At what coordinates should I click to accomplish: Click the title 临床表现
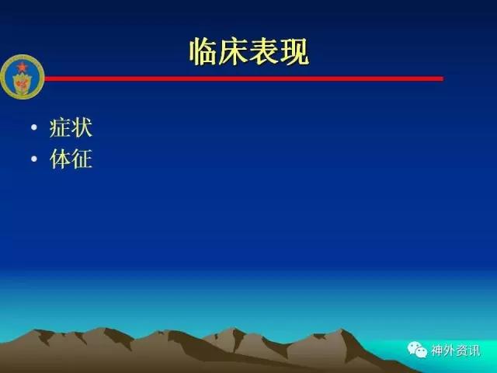(x=249, y=51)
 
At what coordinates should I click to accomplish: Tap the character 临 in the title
(x=203, y=51)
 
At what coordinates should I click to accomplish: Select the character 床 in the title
(x=234, y=51)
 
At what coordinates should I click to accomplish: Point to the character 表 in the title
(x=264, y=51)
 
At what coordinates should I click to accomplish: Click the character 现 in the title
(x=294, y=51)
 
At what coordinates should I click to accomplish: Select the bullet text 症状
(x=71, y=127)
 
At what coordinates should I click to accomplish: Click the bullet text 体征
(x=71, y=159)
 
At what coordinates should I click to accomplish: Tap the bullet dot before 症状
(x=34, y=127)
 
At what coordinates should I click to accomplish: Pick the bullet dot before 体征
(x=34, y=159)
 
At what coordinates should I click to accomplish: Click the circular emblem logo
(x=23, y=77)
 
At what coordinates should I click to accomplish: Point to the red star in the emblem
(x=22, y=68)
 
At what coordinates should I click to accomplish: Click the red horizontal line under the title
(x=244, y=78)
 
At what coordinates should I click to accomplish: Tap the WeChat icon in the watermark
(x=417, y=350)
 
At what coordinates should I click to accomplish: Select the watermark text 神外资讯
(x=455, y=350)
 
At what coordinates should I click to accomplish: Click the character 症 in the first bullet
(x=61, y=127)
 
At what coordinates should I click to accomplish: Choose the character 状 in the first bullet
(x=82, y=127)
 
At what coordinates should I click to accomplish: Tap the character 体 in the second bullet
(x=61, y=159)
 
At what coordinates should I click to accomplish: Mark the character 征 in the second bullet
(x=82, y=159)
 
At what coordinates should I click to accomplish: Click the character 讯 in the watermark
(x=474, y=350)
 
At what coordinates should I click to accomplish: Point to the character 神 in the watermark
(x=436, y=350)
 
